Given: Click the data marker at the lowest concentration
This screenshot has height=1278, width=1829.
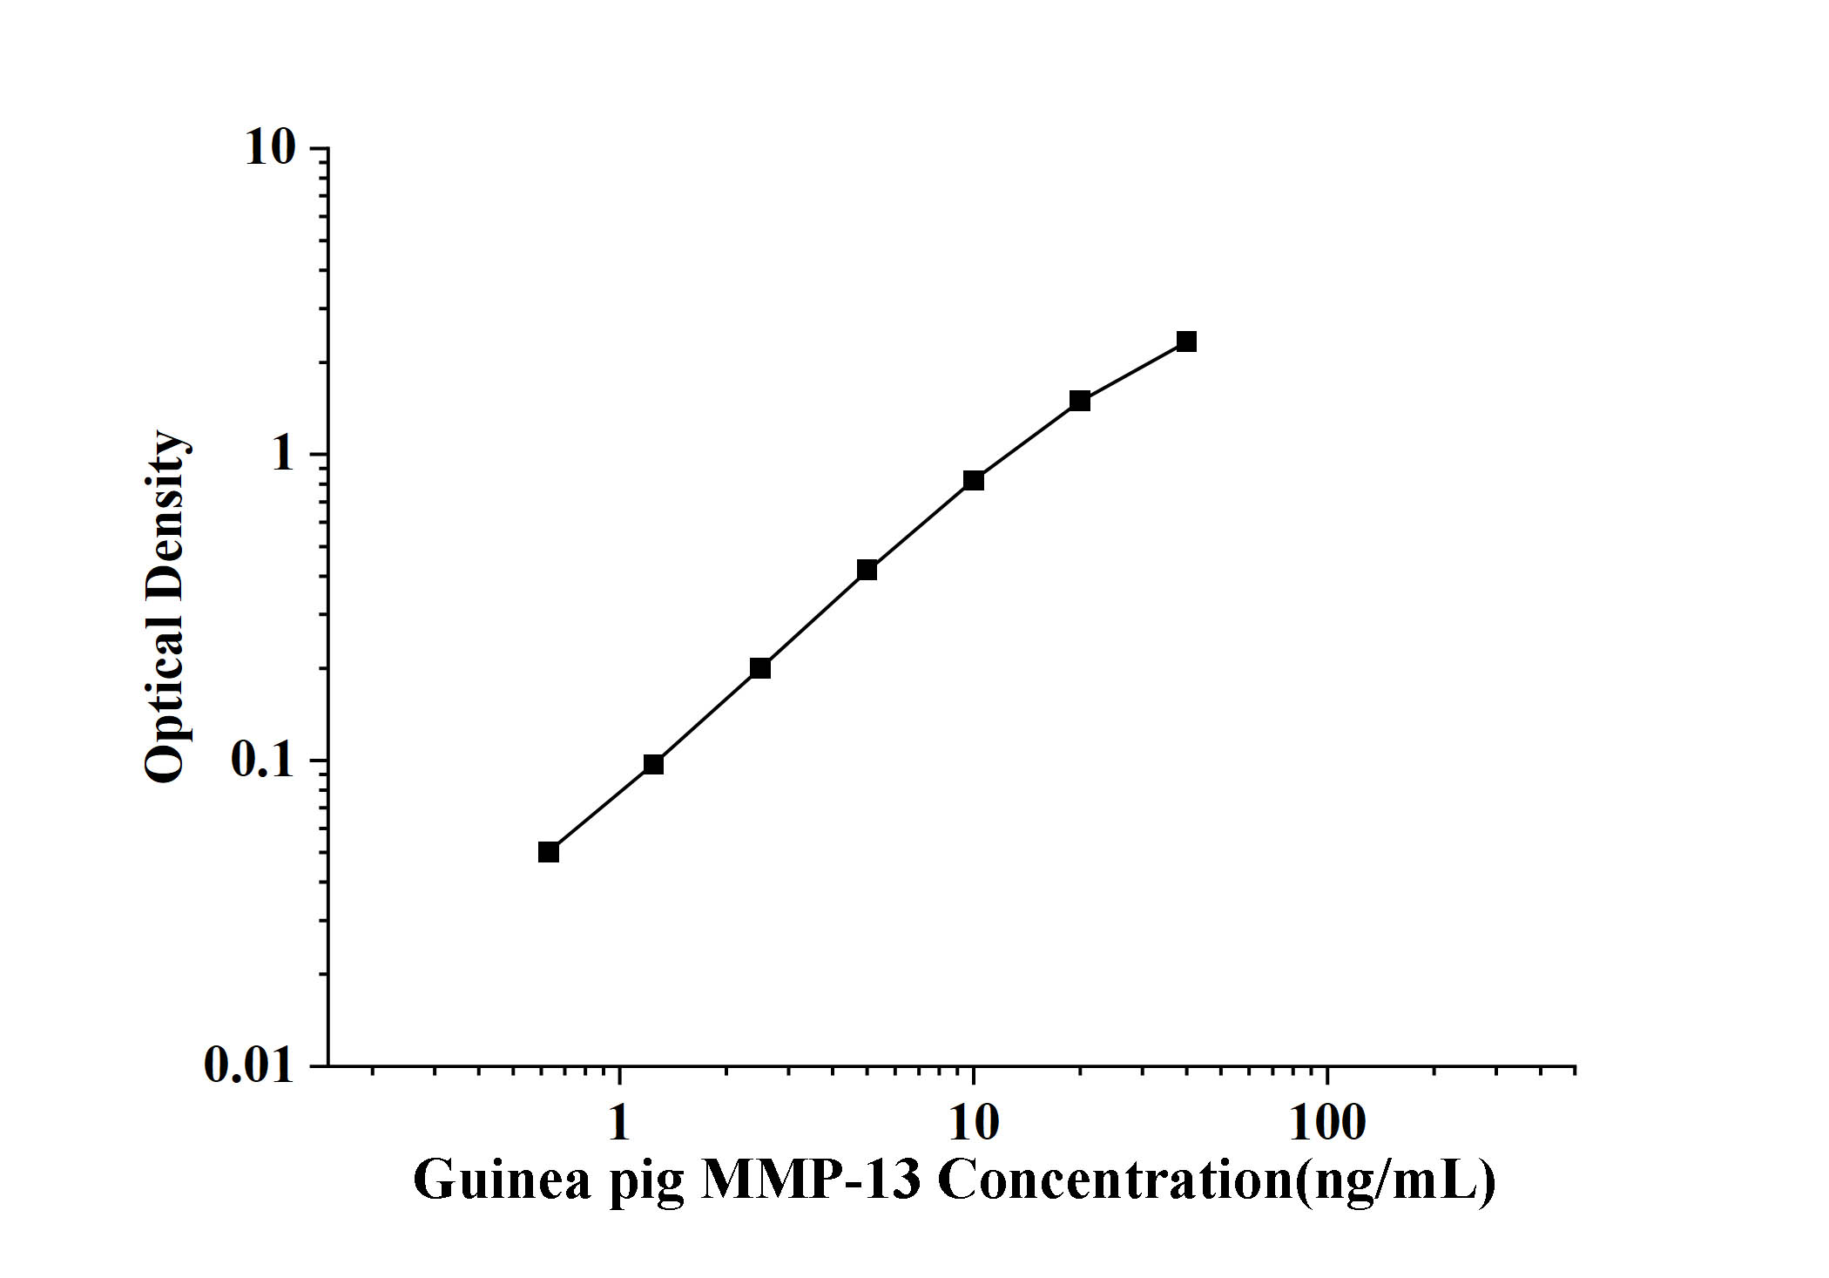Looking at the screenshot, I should (x=548, y=852).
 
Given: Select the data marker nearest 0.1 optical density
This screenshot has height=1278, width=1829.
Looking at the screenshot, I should (x=653, y=764).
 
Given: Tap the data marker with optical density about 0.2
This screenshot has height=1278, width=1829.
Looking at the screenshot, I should (x=760, y=668).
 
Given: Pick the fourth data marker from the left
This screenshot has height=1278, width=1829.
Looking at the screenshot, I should (x=867, y=571).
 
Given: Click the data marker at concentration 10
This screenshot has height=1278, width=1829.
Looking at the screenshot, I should (x=974, y=481).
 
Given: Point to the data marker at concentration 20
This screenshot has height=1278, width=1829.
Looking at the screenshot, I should (x=1080, y=401).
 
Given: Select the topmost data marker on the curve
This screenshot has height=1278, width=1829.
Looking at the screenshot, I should (x=1186, y=341).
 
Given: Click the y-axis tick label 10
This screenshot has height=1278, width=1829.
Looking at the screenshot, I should (x=270, y=148).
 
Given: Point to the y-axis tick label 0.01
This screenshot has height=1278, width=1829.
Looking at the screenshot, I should (x=249, y=1065).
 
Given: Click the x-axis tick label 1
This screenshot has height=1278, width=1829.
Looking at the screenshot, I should (x=618, y=1123).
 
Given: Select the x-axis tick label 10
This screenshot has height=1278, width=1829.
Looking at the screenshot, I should (x=974, y=1123).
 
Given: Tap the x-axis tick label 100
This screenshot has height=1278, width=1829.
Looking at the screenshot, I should (x=1327, y=1123).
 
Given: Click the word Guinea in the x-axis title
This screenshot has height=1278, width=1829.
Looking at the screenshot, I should (x=502, y=1180).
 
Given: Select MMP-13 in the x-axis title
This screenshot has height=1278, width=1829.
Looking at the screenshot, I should (x=811, y=1180).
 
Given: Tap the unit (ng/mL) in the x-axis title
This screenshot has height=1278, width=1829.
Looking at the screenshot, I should (x=1395, y=1180).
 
